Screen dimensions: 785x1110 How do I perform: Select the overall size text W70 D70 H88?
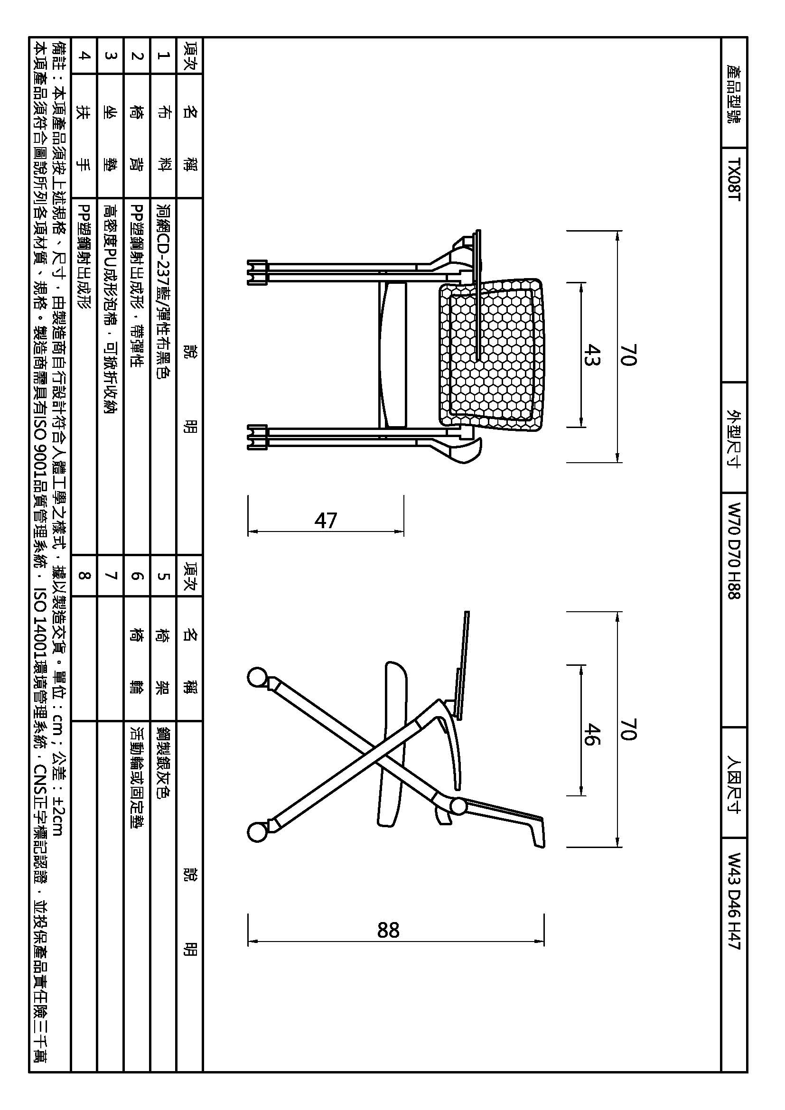(734, 550)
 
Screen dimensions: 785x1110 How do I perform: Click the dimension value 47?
(325, 521)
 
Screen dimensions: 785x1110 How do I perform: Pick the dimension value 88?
(388, 930)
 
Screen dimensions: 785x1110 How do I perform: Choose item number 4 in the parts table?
(84, 56)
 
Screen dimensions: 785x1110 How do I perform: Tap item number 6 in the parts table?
(137, 576)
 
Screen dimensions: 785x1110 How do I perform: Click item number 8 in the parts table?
(84, 576)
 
